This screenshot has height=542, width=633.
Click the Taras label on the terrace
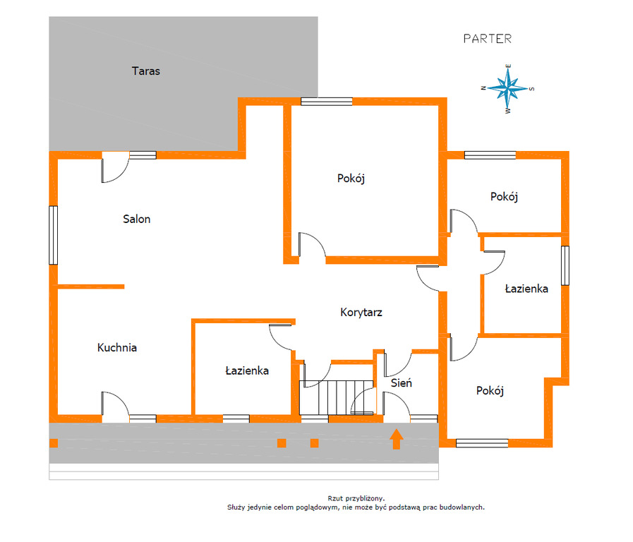[x=146, y=71]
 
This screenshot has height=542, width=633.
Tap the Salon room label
[x=136, y=219]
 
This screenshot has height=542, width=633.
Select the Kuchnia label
[x=117, y=347]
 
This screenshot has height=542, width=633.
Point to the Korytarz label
[x=361, y=313]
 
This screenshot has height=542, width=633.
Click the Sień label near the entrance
[x=402, y=383]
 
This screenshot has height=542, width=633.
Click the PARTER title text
[x=487, y=39]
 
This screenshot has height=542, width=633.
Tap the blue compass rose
[x=508, y=88]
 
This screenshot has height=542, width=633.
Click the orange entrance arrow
[x=397, y=439]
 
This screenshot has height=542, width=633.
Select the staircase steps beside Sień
[x=337, y=397]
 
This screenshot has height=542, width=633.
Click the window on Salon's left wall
[x=54, y=235]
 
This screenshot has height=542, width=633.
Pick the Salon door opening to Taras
[x=114, y=167]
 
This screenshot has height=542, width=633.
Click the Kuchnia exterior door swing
[x=115, y=404]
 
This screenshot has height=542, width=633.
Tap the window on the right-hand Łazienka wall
[x=565, y=265]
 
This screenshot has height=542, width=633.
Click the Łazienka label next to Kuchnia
[x=247, y=371]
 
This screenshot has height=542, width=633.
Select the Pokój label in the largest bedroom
[x=351, y=179]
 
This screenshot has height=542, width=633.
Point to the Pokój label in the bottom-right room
[x=490, y=391]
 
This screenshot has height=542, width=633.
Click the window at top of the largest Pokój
[x=327, y=102]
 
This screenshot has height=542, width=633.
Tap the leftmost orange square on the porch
[x=54, y=443]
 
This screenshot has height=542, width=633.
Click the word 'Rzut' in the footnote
[x=335, y=498]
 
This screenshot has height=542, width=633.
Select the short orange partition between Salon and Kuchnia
[x=91, y=287]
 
